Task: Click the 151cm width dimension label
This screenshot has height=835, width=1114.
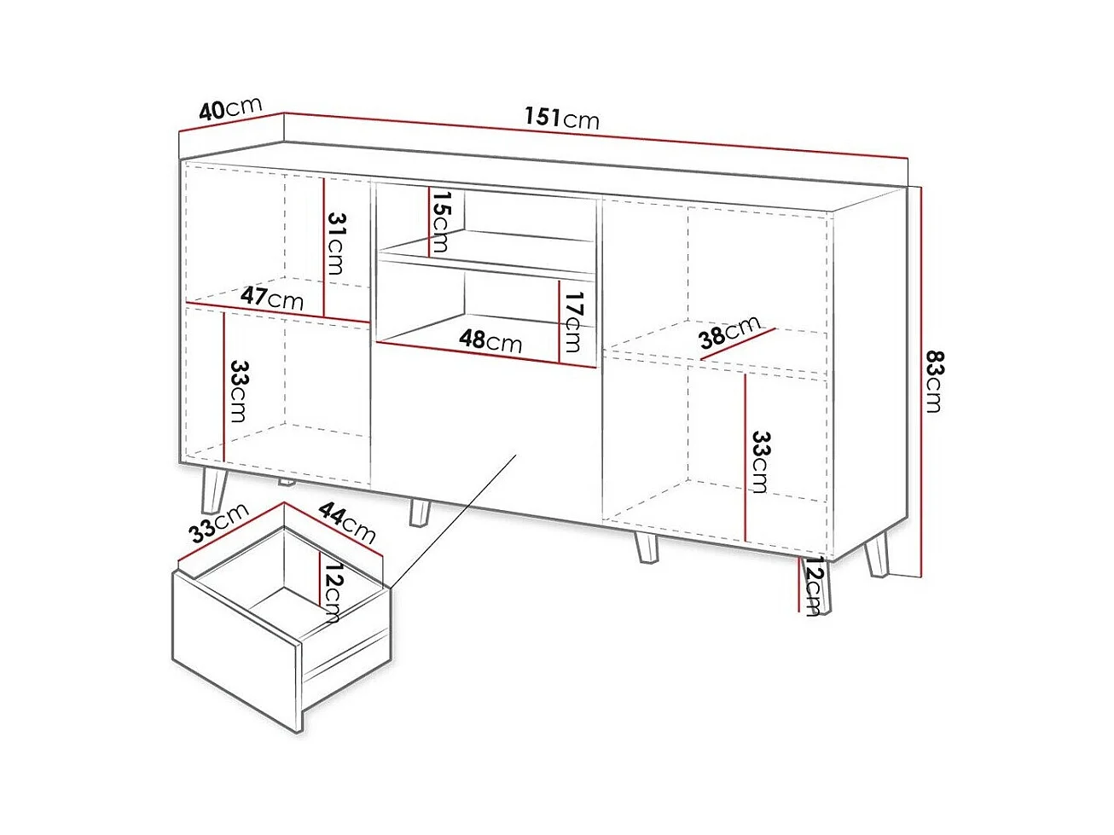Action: [561, 119]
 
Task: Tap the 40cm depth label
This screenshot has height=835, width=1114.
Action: [230, 108]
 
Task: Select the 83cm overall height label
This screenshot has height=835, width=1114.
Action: [934, 380]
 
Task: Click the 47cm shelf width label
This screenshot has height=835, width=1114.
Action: [272, 298]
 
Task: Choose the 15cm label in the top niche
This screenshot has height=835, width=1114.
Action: [440, 221]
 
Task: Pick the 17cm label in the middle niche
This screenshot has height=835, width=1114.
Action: [572, 322]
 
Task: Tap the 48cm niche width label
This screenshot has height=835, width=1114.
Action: [490, 341]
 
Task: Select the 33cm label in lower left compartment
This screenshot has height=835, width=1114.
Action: [238, 391]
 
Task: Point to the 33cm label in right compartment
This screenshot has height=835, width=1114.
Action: [760, 462]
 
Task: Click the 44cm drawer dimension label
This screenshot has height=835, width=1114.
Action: [347, 523]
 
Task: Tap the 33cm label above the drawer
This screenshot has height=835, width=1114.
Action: [218, 522]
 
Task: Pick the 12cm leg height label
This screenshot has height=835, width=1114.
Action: [811, 586]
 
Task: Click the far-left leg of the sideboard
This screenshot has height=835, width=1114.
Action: [215, 491]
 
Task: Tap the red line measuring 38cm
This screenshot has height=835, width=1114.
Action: [738, 344]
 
